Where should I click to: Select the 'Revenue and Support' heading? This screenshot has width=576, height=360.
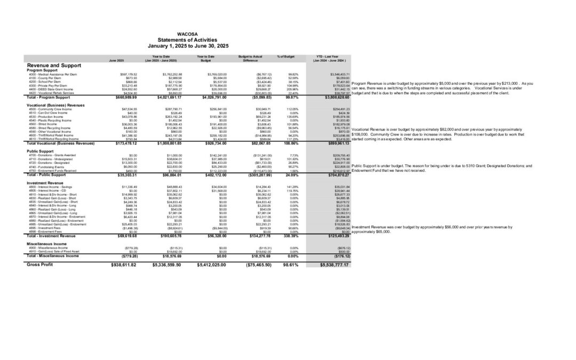click(51, 66)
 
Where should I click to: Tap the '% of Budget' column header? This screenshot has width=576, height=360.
click(286, 56)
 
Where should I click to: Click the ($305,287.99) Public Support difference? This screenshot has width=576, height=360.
click(255, 175)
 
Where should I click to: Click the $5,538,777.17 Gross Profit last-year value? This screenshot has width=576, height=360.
click(334, 265)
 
